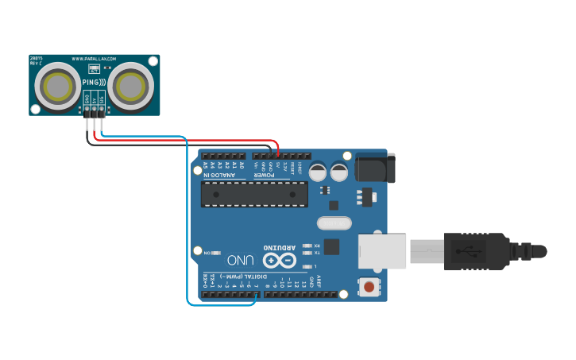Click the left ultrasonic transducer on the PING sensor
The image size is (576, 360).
point(57,85)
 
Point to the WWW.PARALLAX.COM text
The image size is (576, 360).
point(94,59)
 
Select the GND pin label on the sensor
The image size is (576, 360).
point(87,99)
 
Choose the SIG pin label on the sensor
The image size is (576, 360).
point(102,99)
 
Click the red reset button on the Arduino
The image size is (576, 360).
point(369,285)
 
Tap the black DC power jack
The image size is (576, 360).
point(375,168)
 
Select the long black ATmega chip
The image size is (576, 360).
point(254,194)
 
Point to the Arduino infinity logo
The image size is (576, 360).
point(280,260)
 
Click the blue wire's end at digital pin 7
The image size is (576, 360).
point(255,295)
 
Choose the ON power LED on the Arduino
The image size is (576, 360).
point(215,252)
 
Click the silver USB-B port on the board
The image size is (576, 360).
point(382,251)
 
